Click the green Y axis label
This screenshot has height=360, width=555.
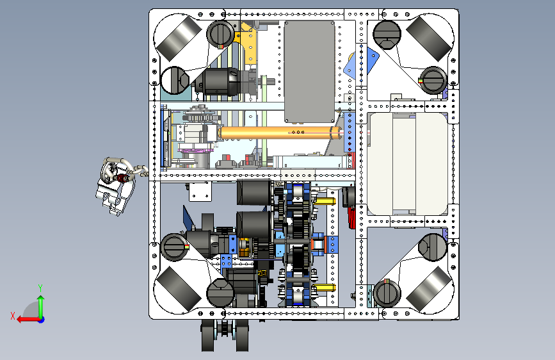click(x=40, y=288)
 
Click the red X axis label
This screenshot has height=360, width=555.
click(x=13, y=316)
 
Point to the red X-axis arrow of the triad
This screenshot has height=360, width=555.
click(x=28, y=320)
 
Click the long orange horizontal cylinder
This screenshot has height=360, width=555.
click(x=279, y=133)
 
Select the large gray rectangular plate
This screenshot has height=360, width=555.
click(x=309, y=72)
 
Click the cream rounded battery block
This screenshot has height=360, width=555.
click(x=407, y=164)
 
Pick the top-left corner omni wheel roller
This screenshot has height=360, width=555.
click(x=177, y=38)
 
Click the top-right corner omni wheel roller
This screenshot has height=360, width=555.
click(x=429, y=38)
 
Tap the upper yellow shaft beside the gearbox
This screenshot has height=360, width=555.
click(x=325, y=201)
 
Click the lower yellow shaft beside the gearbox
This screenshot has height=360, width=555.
click(x=325, y=288)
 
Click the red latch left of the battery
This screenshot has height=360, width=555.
click(x=351, y=218)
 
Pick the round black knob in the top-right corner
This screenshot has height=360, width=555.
click(x=387, y=35)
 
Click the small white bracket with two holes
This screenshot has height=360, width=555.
click(x=200, y=192)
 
